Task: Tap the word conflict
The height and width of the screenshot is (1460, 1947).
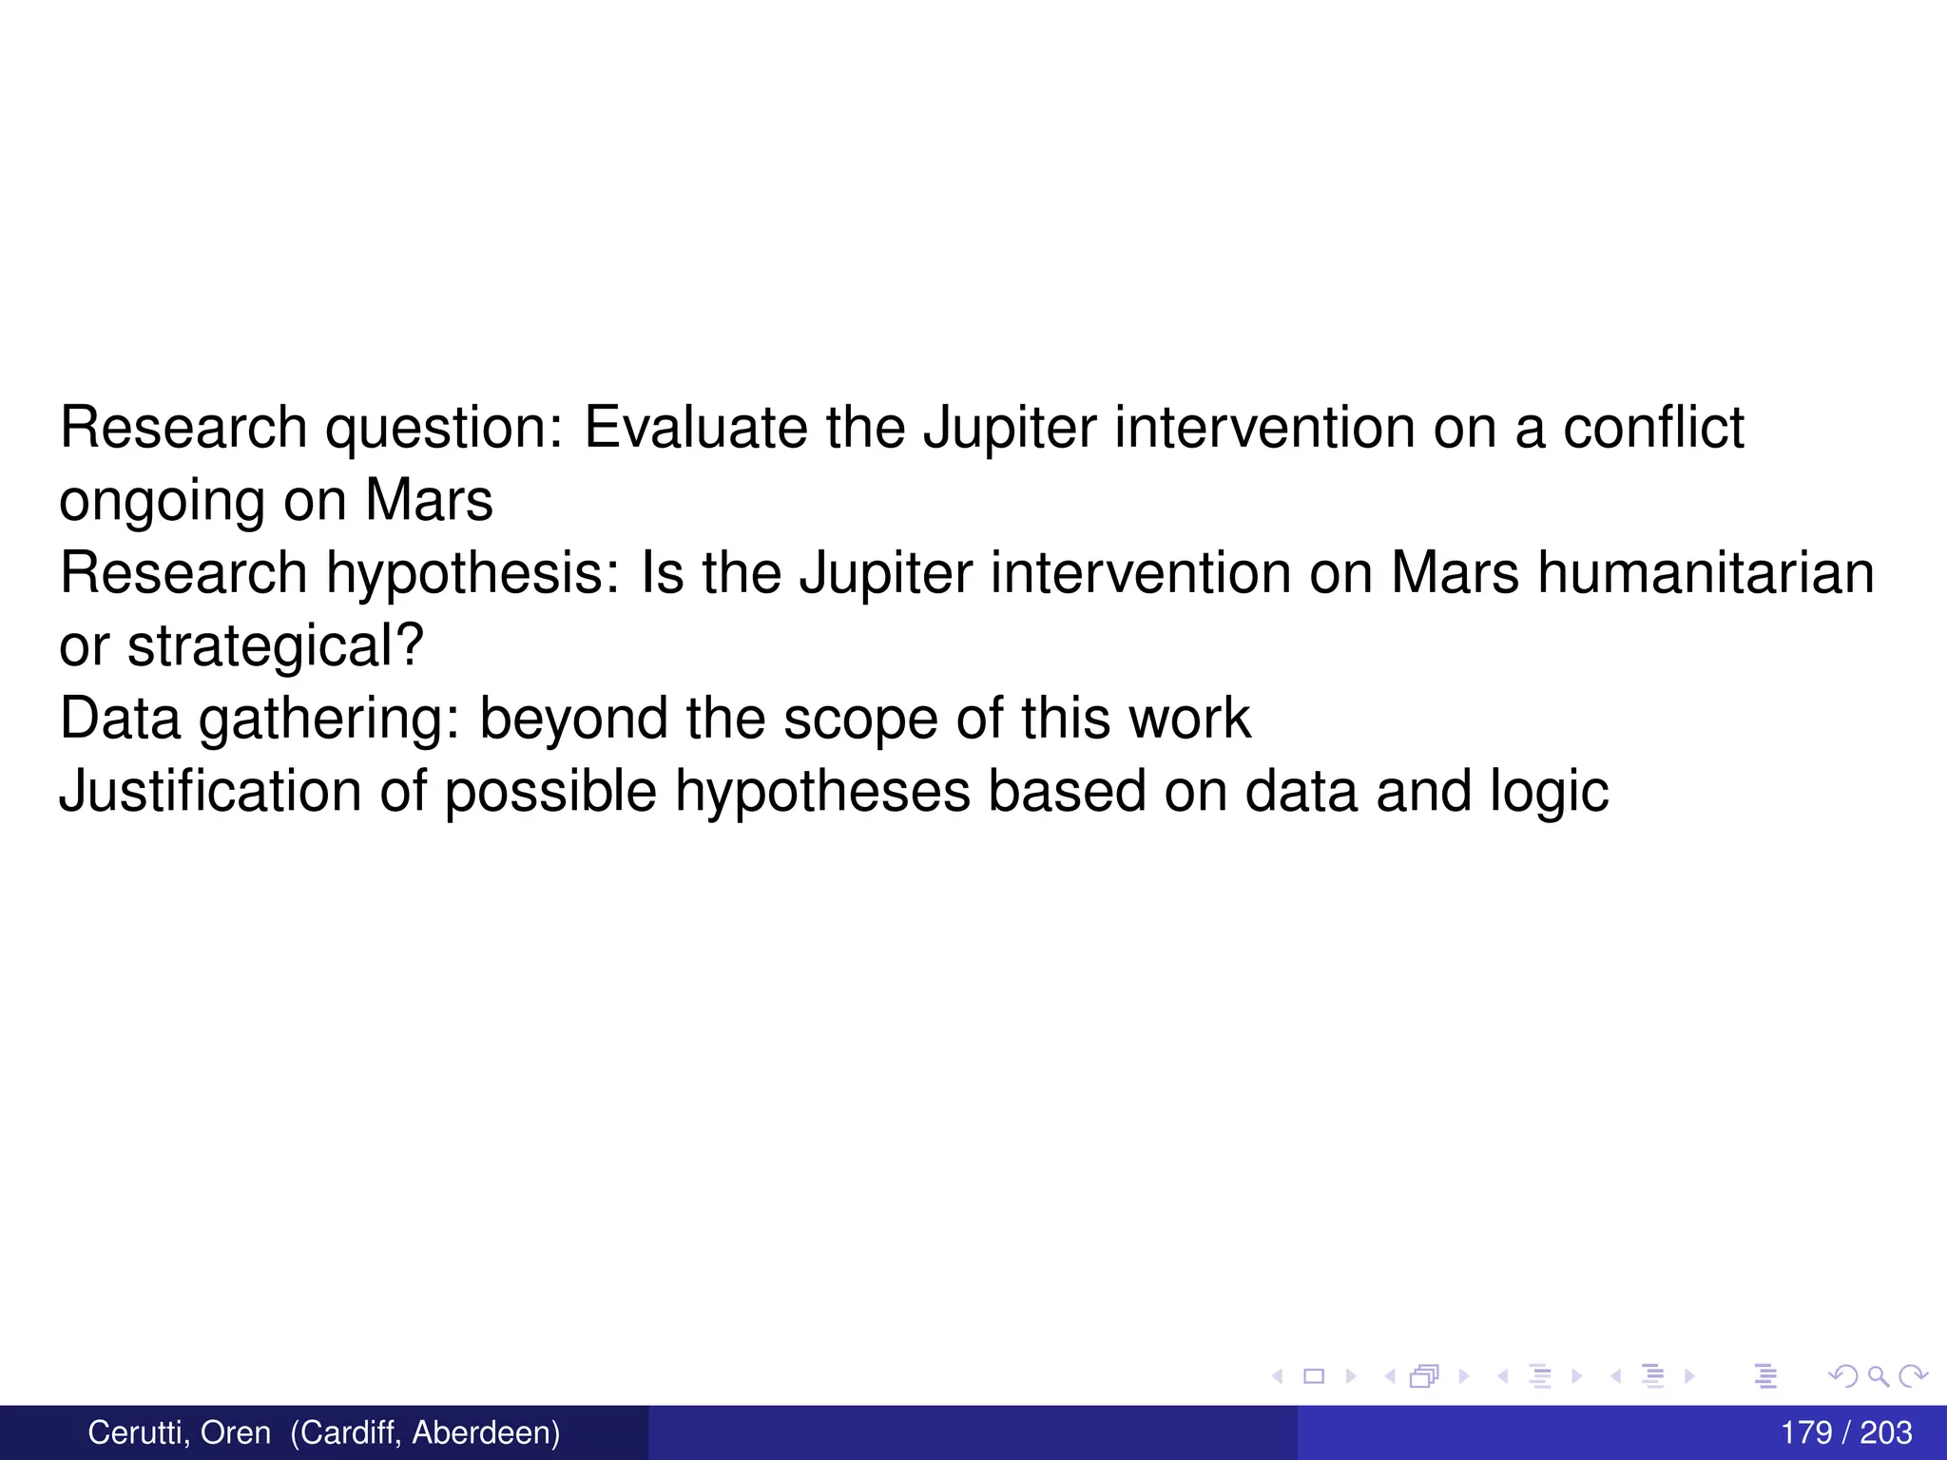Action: point(1653,427)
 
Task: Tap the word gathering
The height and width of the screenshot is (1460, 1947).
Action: point(329,720)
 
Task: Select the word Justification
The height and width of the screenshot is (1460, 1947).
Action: point(210,791)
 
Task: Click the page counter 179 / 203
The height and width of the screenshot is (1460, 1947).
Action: point(1845,1432)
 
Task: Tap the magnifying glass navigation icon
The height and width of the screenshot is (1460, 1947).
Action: point(1878,1375)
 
